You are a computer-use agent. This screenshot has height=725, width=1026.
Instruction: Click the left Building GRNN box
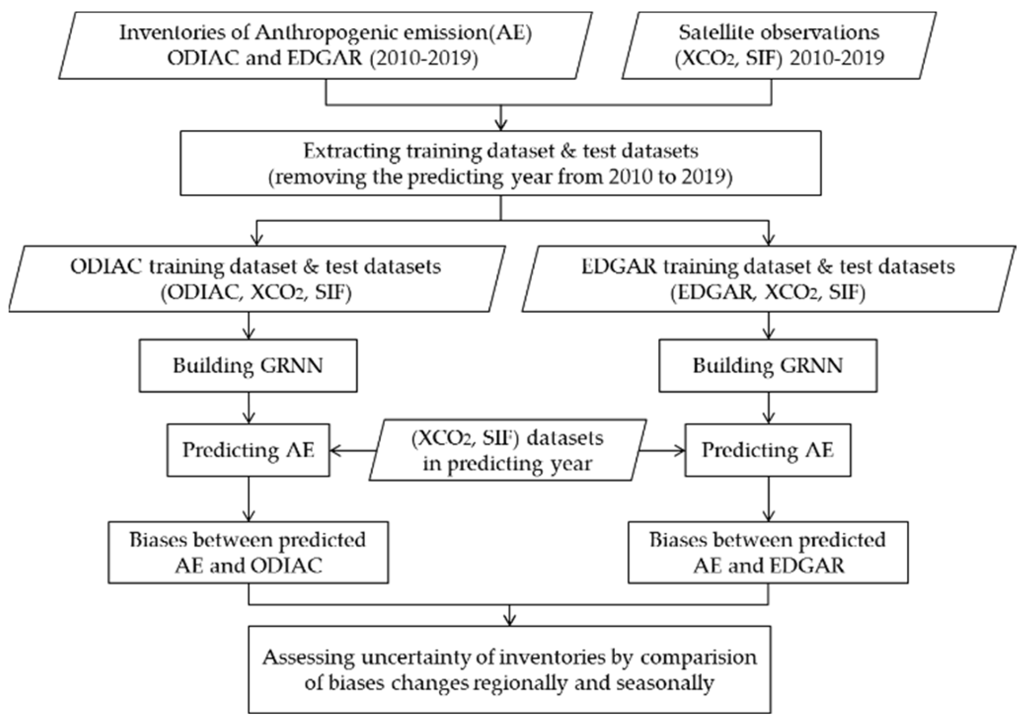pyautogui.click(x=248, y=366)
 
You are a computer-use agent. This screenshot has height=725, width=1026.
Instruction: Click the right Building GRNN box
pyautogui.click(x=767, y=366)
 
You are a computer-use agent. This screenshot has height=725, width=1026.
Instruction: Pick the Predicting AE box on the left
pyautogui.click(x=248, y=450)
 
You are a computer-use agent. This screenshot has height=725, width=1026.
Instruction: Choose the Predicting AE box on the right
pyautogui.click(x=767, y=450)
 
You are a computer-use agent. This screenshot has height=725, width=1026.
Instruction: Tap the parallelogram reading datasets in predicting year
pyautogui.click(x=507, y=451)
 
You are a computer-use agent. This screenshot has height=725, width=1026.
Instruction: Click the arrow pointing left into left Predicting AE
pyautogui.click(x=351, y=450)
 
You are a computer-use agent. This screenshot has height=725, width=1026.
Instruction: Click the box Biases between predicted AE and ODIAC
pyautogui.click(x=248, y=552)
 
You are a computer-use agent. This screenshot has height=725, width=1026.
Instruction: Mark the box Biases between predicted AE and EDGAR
pyautogui.click(x=767, y=552)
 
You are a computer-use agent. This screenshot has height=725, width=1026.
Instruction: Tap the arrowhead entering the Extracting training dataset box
pyautogui.click(x=501, y=125)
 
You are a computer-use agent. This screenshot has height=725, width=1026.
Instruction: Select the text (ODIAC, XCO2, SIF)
pyautogui.click(x=256, y=292)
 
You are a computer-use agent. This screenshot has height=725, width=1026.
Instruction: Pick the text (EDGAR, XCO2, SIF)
pyautogui.click(x=767, y=292)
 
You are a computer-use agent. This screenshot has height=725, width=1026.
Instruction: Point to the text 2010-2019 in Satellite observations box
pyautogui.click(x=837, y=58)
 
